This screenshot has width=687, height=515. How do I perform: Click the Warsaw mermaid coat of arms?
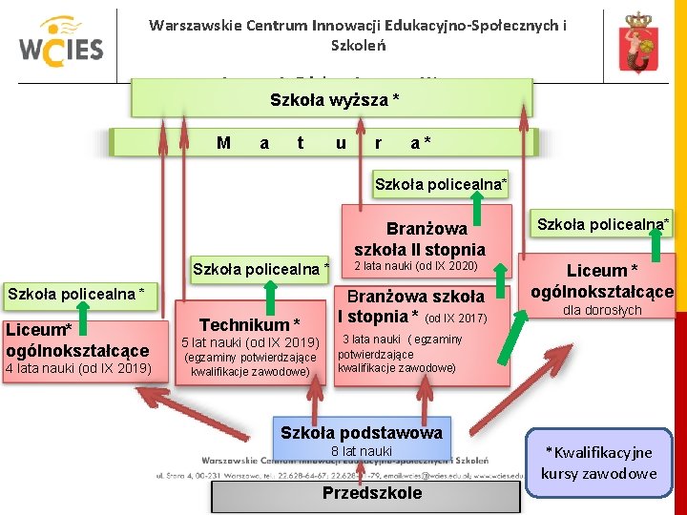click(x=635, y=43)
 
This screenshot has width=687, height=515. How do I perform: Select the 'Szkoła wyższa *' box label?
click(x=334, y=99)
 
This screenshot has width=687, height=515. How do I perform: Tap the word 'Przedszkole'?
click(x=371, y=493)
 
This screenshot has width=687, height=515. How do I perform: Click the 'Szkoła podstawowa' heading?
click(x=361, y=433)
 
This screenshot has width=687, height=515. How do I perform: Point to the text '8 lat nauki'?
click(x=361, y=451)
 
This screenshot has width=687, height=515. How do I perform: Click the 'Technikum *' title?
click(x=249, y=324)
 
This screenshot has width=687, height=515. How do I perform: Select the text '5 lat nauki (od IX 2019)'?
click(x=250, y=342)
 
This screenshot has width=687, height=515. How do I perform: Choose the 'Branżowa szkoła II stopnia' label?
click(x=413, y=238)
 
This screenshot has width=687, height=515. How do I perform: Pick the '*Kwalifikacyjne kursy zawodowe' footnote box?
click(x=600, y=463)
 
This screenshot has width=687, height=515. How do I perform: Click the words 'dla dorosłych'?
click(x=601, y=310)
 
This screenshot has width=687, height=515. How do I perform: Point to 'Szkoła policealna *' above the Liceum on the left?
click(x=75, y=292)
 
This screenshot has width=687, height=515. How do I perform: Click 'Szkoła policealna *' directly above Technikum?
click(x=260, y=269)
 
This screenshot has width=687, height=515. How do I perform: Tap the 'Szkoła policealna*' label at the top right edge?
click(x=602, y=223)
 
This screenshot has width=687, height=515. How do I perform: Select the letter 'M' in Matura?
click(x=223, y=143)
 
